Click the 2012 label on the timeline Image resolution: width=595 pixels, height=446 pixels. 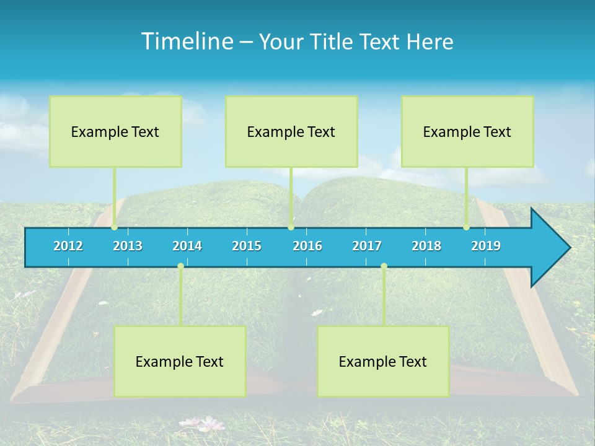[68, 246]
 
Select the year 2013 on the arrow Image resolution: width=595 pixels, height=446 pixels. [128, 246]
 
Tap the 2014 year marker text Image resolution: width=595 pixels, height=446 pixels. [187, 246]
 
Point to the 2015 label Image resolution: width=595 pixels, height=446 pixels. [247, 246]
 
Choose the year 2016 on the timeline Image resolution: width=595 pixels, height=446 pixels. [307, 246]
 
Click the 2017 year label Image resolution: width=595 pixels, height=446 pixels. [367, 246]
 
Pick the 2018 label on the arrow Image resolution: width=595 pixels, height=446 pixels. [426, 246]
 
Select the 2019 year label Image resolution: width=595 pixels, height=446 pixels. [486, 246]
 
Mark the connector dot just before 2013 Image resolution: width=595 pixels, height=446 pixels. [114, 227]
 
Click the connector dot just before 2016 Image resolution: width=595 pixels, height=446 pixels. [291, 227]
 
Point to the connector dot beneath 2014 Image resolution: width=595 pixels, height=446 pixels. [180, 266]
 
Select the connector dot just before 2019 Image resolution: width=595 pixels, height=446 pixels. [467, 227]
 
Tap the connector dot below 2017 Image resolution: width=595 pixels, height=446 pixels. [384, 266]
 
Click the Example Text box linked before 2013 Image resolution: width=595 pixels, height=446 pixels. [115, 131]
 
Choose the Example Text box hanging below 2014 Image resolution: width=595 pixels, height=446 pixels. [180, 361]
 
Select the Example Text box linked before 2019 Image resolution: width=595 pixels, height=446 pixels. [467, 131]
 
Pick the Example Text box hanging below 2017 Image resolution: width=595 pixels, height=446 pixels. [383, 361]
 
